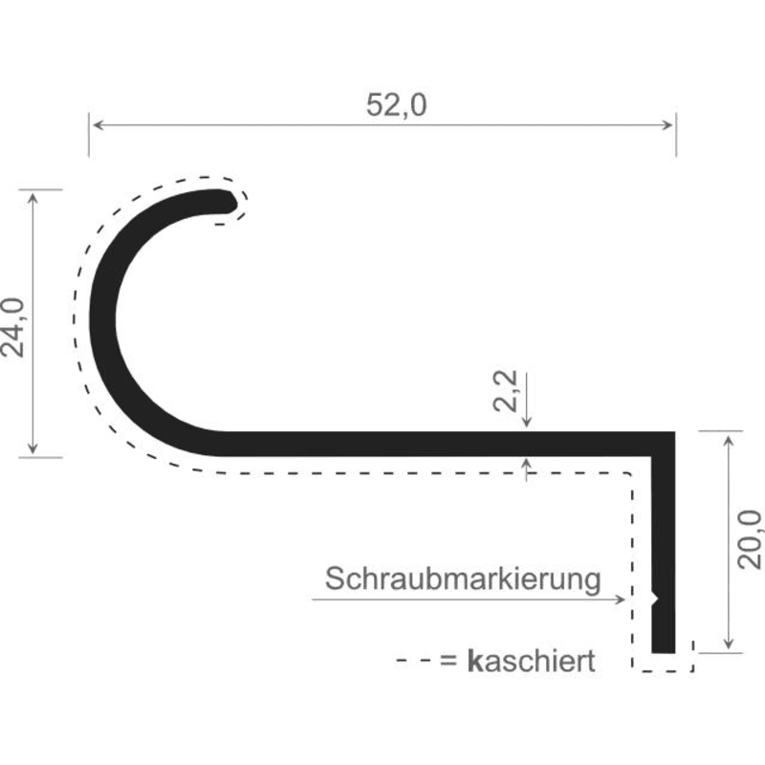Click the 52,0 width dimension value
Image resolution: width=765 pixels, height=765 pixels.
[x=396, y=105]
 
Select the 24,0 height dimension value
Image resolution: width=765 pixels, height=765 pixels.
[x=12, y=328]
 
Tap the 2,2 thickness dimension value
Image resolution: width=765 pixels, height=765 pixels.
[x=505, y=391]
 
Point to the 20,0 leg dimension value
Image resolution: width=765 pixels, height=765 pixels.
[x=750, y=539]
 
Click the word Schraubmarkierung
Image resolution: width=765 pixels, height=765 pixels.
[x=463, y=579]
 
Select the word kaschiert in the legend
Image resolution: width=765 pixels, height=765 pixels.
[x=532, y=662]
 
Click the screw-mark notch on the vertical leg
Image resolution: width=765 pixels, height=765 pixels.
[x=656, y=599]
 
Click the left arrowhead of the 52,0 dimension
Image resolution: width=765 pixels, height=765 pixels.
[x=98, y=125]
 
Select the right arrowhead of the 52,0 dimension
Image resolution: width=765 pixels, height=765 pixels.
[x=667, y=125]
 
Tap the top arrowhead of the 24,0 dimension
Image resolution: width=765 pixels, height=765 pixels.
[x=33, y=198]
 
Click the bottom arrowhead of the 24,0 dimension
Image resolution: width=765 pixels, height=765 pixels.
[x=33, y=448]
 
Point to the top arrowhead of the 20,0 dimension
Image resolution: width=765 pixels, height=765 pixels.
[x=729, y=441]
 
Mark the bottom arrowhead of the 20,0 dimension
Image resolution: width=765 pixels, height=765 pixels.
[x=729, y=644]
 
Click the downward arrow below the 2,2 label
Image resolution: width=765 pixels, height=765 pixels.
[x=527, y=400]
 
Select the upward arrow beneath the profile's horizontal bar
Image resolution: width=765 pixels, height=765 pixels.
[x=527, y=470]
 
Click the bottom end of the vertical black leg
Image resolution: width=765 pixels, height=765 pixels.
[x=664, y=652]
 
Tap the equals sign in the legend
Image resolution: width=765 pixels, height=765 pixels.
[x=448, y=662]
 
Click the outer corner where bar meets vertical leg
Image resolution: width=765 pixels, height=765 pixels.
[x=675, y=432]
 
